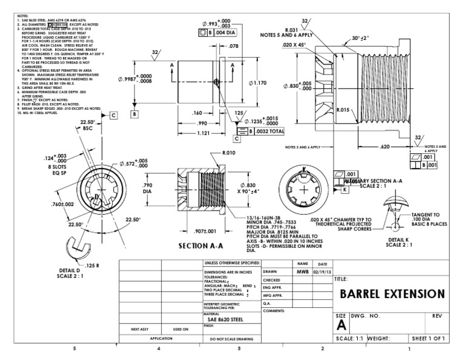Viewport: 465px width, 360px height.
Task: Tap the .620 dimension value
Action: coord(385,146)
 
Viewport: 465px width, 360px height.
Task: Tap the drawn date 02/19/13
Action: coord(322,272)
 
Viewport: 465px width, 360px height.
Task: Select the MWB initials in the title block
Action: coord(302,272)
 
